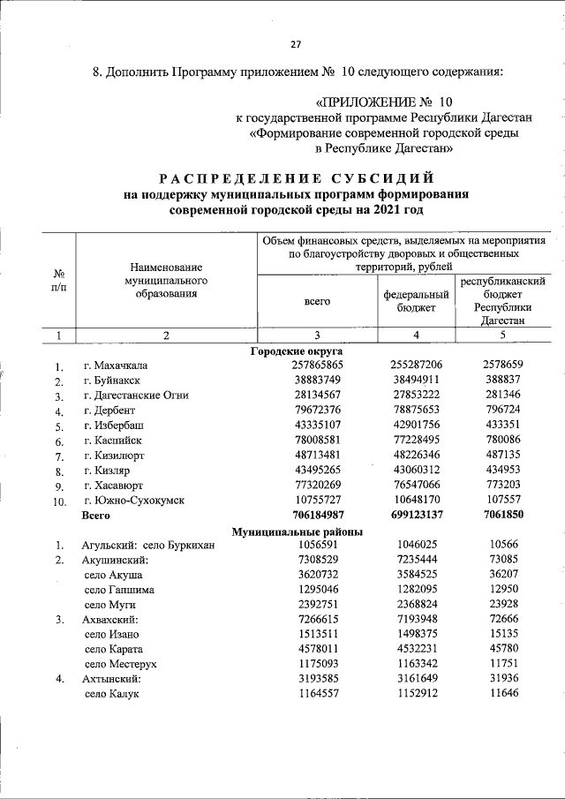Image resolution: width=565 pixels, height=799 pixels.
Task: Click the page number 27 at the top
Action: click(x=296, y=46)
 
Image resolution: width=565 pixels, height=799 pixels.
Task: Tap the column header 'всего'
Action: click(x=316, y=300)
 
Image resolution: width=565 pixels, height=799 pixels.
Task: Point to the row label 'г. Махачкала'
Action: click(x=116, y=366)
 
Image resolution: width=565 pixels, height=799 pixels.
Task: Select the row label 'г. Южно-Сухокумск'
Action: click(x=133, y=501)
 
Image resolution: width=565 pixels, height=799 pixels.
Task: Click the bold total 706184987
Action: click(x=316, y=516)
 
